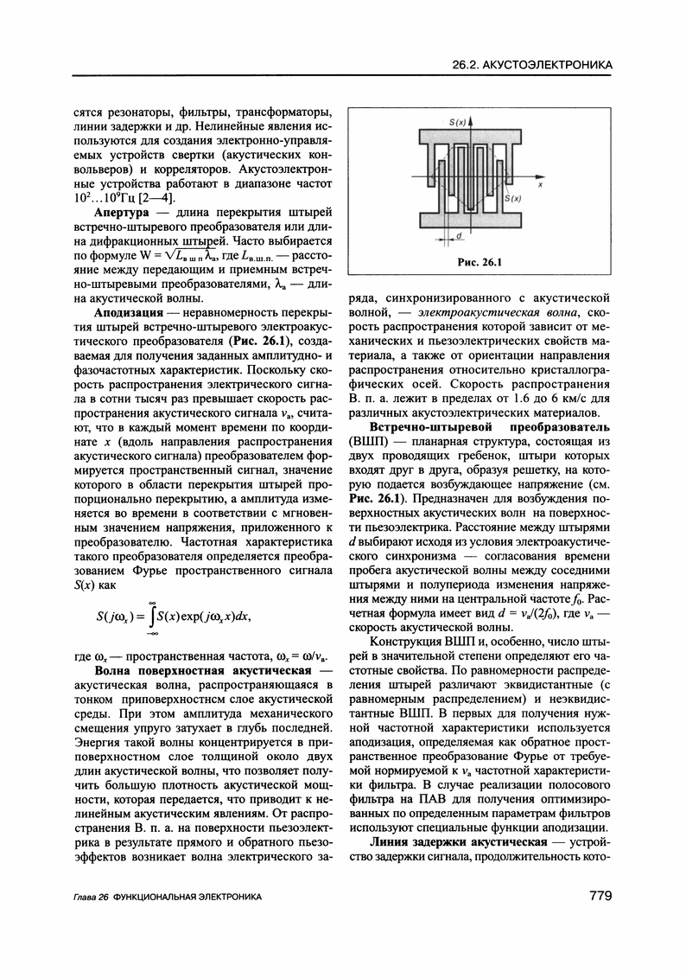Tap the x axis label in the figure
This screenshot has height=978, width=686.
pyautogui.click(x=540, y=185)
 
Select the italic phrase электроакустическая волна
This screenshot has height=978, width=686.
pyautogui.click(x=491, y=310)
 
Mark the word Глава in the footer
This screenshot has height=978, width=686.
pyautogui.click(x=84, y=899)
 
